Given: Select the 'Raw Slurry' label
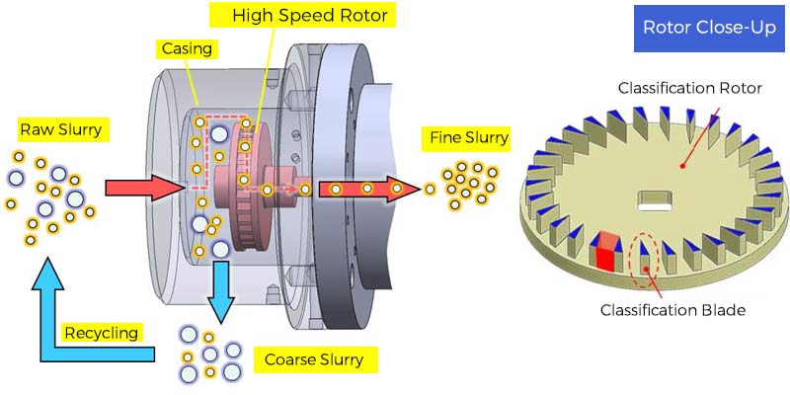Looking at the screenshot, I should (60, 129).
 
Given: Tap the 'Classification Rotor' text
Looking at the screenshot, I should (689, 88).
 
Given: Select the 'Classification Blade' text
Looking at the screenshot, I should (671, 310).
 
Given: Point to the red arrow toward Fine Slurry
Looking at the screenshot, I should (365, 189).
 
